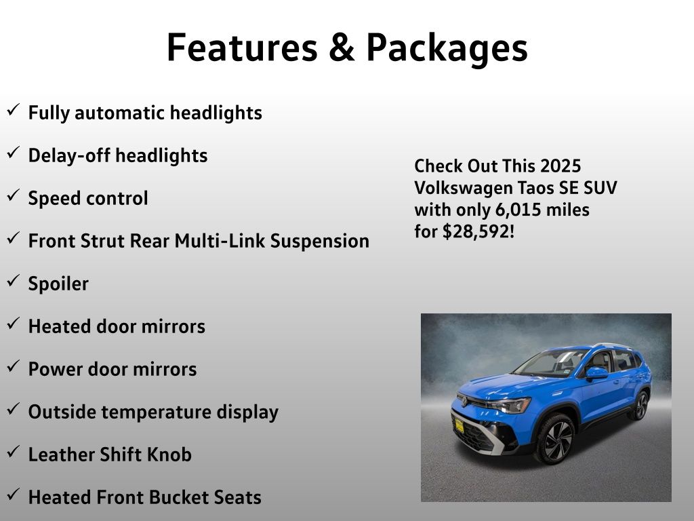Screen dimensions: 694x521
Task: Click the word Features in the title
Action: point(242,47)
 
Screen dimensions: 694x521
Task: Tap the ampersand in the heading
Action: point(342,47)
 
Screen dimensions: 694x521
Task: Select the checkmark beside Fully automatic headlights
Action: point(14,109)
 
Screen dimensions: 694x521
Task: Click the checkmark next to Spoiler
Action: point(14,280)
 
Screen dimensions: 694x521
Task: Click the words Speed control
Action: point(88,198)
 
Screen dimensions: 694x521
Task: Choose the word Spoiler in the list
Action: point(58,284)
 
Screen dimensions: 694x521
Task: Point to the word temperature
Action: point(157,412)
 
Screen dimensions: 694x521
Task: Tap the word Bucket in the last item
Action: point(181,497)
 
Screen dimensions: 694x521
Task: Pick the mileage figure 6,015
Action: point(518,210)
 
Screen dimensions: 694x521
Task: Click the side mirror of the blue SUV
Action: point(596,374)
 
